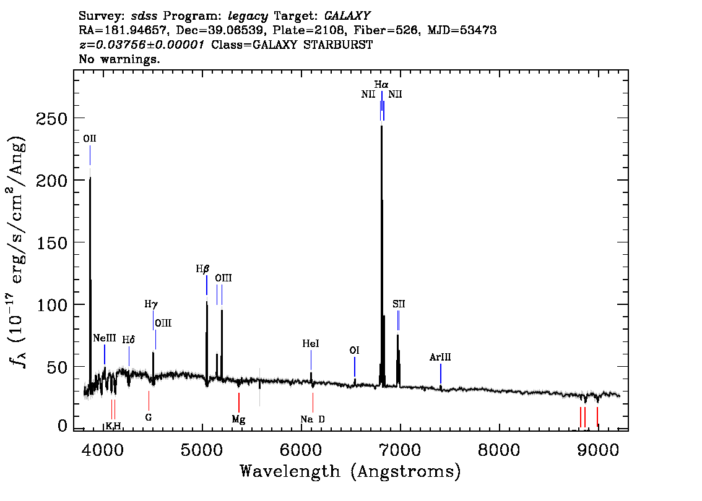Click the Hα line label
381,84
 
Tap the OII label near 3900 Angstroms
90,139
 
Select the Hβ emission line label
202,269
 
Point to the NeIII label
105,338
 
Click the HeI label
311,343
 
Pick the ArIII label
440,357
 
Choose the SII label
399,304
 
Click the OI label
354,350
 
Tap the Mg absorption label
238,419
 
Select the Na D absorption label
313,419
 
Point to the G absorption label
149,417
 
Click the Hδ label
129,340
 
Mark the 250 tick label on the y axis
51,119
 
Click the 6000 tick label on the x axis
301,449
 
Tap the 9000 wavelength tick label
597,449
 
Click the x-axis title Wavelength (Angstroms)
350,471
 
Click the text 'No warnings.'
119,59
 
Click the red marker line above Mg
238,403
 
